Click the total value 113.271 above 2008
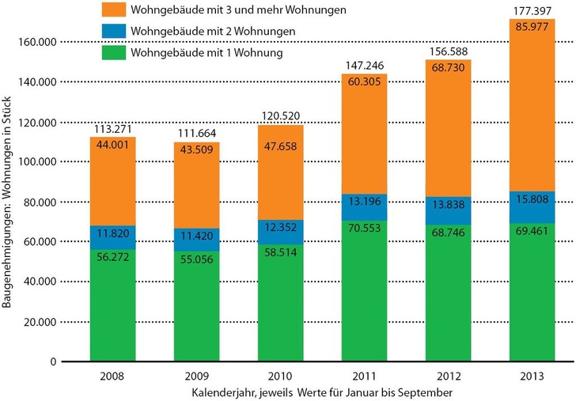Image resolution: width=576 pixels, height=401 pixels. tap(112, 129)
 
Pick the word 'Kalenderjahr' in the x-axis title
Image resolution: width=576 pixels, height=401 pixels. tap(219, 392)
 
